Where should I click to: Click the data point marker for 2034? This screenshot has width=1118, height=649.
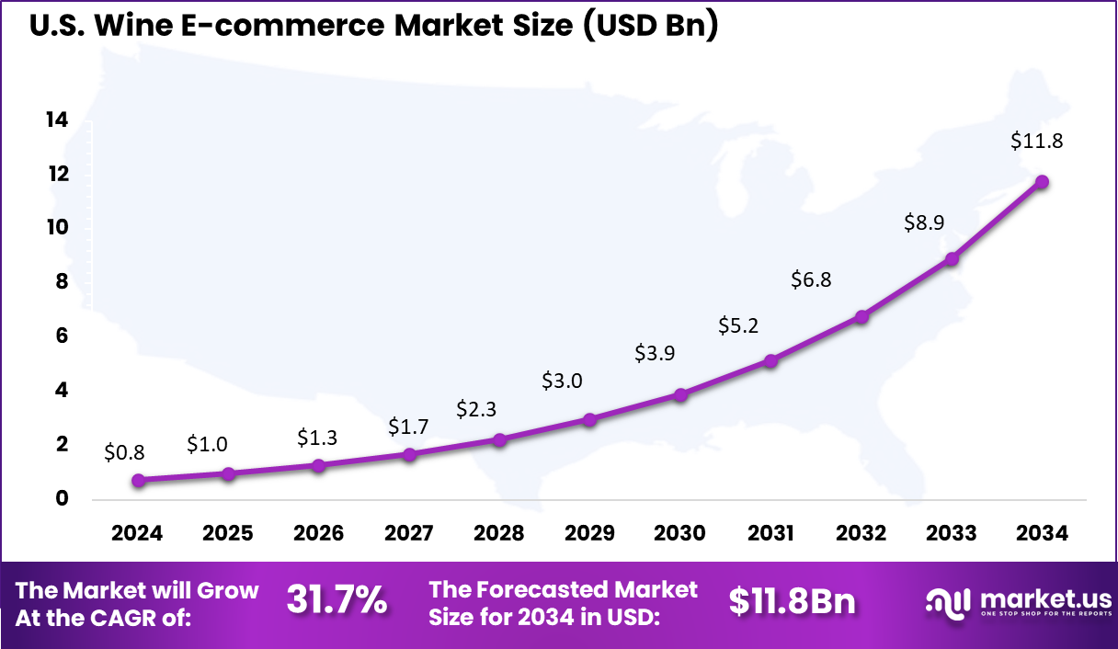pyautogui.click(x=1041, y=182)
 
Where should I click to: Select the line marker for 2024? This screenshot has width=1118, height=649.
pyautogui.click(x=138, y=480)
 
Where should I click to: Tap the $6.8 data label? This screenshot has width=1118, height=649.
pyautogui.click(x=811, y=279)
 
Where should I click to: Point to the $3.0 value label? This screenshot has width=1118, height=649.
pyautogui.click(x=561, y=380)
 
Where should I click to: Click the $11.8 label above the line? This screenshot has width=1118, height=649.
pyautogui.click(x=1036, y=141)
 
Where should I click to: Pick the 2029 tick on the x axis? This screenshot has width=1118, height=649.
pyautogui.click(x=589, y=534)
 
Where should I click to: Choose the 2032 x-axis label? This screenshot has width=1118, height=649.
pyautogui.click(x=861, y=534)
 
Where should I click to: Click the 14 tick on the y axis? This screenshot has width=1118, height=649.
pyautogui.click(x=57, y=120)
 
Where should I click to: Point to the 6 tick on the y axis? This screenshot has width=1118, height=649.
pyautogui.click(x=62, y=336)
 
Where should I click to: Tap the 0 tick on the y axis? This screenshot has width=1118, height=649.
pyautogui.click(x=62, y=499)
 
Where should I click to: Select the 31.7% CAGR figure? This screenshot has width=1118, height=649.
pyautogui.click(x=337, y=601)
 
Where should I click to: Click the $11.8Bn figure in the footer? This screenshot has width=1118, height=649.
pyautogui.click(x=792, y=601)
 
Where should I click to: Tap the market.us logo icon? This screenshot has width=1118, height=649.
pyautogui.click(x=947, y=602)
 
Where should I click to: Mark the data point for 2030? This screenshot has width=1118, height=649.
pyautogui.click(x=680, y=395)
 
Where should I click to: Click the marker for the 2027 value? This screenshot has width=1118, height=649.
pyautogui.click(x=410, y=454)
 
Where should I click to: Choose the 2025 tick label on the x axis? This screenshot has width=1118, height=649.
pyautogui.click(x=228, y=534)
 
